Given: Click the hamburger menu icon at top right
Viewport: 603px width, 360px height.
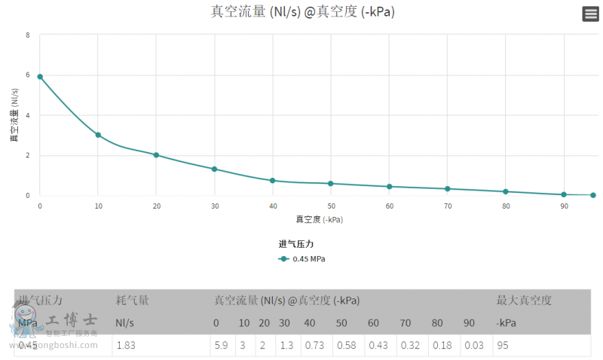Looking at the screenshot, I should pos(590,14).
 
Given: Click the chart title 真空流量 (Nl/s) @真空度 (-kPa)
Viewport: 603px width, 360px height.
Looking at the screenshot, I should pos(302,12).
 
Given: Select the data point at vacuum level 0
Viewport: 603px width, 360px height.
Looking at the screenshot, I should pos(40,77).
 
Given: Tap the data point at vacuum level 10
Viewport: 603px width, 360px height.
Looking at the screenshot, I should pos(98,135).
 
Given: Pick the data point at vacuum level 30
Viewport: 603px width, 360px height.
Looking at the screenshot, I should pos(215,169).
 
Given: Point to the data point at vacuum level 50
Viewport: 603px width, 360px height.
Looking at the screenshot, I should pos(331,184).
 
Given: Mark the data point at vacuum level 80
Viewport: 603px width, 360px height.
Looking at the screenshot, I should pos(506,191).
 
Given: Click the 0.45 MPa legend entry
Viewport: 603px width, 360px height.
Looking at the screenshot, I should pos(302,258).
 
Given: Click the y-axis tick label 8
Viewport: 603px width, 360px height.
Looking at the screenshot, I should pos(28,35).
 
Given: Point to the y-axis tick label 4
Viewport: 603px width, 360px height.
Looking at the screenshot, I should pos(28,115).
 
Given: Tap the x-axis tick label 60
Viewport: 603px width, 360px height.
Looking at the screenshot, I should pos(389,206).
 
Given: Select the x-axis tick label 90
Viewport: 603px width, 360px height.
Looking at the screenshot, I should pos(564,206).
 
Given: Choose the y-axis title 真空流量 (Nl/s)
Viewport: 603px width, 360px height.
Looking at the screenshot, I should pos(14,115).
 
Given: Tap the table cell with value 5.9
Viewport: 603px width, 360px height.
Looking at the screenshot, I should pos(222,345).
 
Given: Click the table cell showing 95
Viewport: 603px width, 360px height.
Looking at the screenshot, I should pos(504,345).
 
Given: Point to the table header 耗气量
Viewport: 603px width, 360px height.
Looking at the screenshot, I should pos(132,301).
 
